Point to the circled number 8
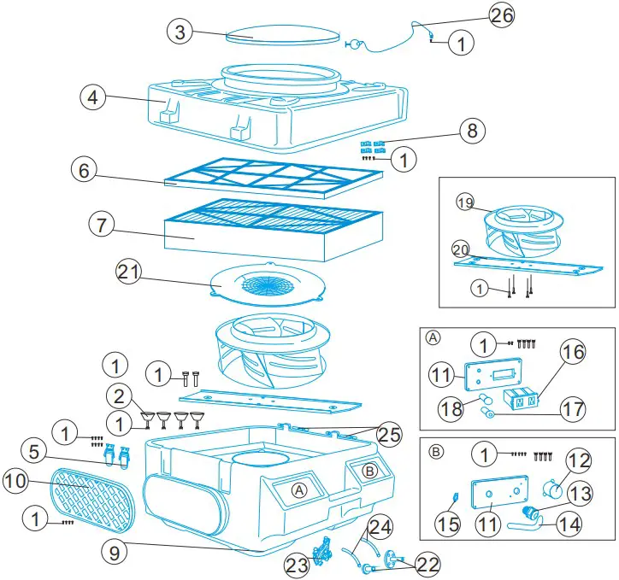(x=470, y=131)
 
